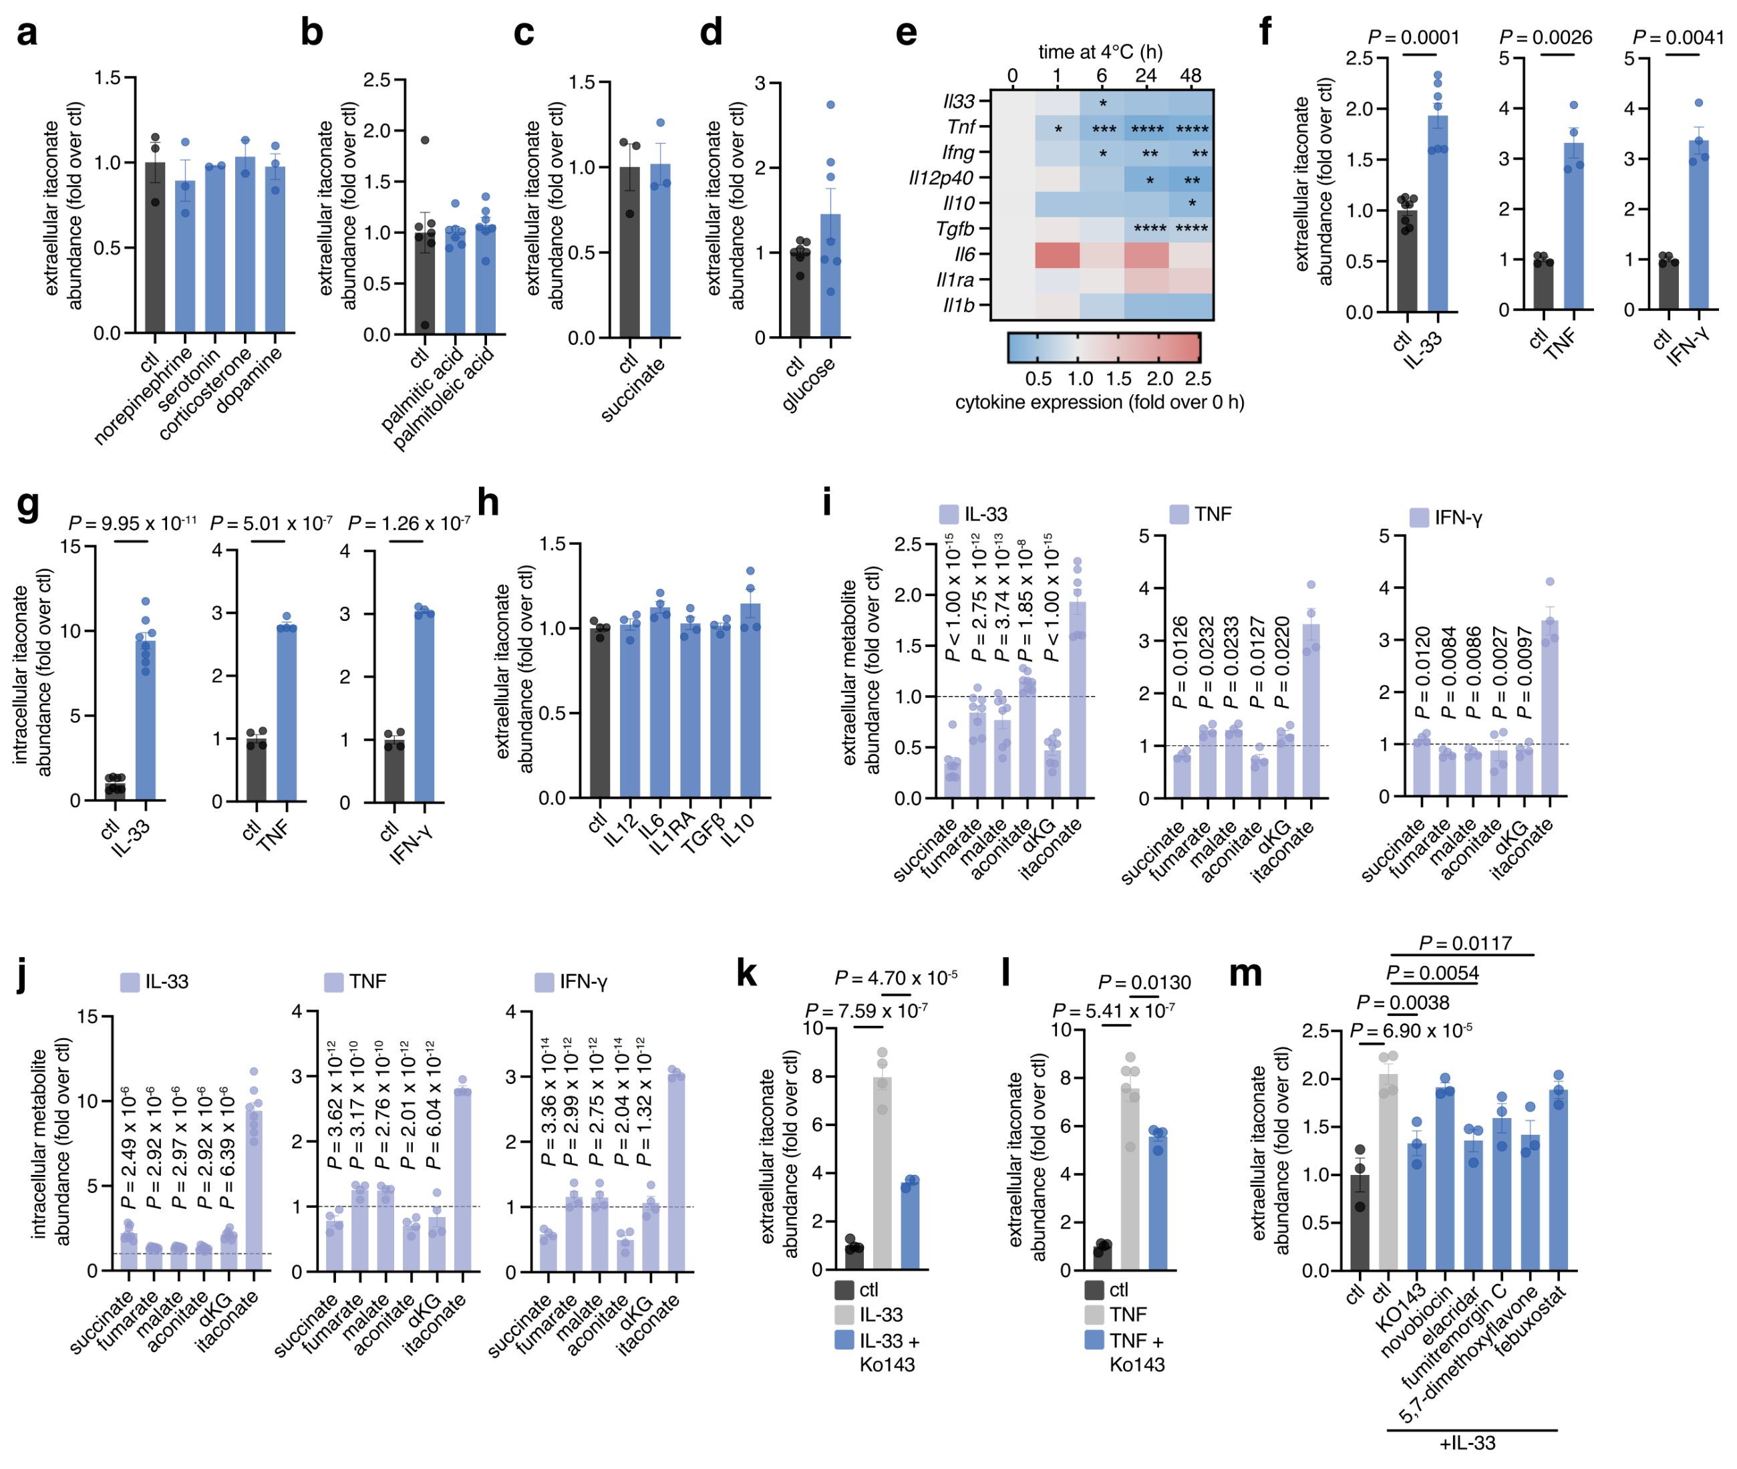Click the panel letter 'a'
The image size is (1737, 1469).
click(27, 33)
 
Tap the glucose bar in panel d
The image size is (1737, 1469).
click(830, 275)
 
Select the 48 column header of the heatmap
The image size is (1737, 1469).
click(1191, 76)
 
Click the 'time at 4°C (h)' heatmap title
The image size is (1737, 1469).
click(1100, 51)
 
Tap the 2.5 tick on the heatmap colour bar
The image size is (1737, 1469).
click(1198, 379)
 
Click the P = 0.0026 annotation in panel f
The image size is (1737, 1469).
click(1545, 37)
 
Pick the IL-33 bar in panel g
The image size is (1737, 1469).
click(146, 720)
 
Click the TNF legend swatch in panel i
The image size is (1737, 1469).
click(1178, 514)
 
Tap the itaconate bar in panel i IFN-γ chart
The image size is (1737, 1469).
click(1550, 708)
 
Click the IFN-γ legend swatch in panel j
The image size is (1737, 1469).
click(544, 982)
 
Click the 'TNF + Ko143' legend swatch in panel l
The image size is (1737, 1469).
click(1094, 1340)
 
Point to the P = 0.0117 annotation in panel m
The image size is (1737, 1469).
click(1465, 944)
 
